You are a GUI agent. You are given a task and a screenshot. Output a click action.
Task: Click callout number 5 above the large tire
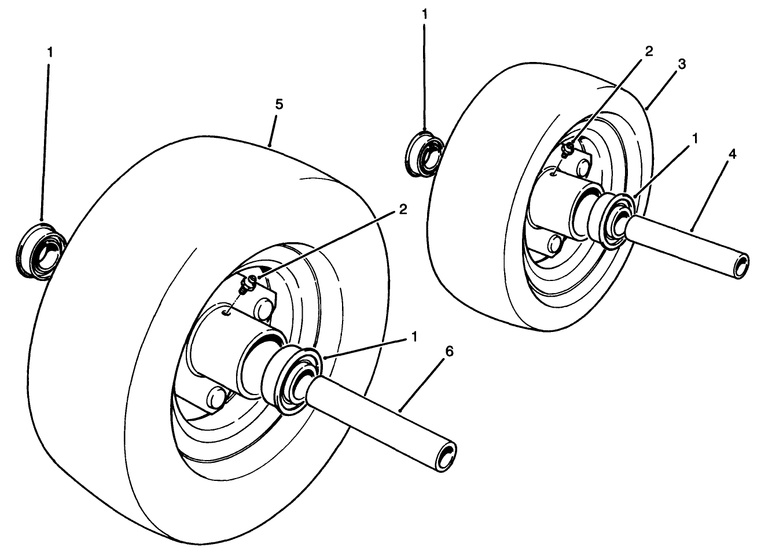(x=279, y=105)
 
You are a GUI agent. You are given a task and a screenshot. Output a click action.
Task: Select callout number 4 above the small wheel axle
(x=733, y=155)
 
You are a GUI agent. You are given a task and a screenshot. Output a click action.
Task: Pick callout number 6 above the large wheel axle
(x=449, y=352)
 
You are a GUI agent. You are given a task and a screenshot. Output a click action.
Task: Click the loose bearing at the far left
(x=41, y=251)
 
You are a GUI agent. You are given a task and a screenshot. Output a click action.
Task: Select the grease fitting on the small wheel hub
(x=568, y=149)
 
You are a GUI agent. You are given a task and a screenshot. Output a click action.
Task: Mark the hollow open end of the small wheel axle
(x=740, y=267)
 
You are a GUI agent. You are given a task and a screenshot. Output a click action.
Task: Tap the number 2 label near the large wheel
(x=403, y=210)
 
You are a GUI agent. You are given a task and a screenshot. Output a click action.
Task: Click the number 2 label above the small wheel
(x=649, y=52)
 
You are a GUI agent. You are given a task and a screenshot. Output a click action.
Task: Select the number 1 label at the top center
(x=425, y=15)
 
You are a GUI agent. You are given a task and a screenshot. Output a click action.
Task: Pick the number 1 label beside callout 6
(x=414, y=337)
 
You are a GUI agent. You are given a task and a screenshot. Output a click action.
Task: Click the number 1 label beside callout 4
(x=696, y=138)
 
